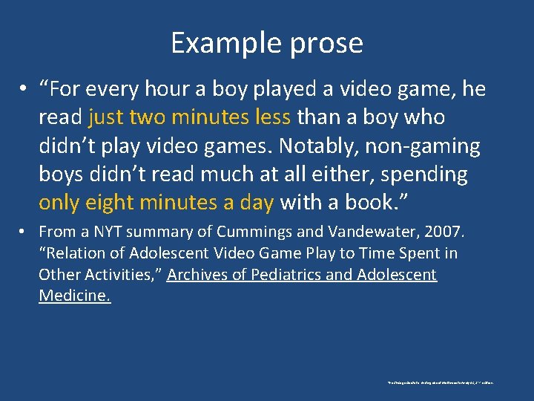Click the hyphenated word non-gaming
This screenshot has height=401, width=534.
(x=422, y=146)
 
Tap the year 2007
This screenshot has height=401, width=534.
(x=443, y=232)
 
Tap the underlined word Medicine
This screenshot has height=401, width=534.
(x=74, y=296)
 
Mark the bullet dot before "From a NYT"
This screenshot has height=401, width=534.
(x=24, y=232)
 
